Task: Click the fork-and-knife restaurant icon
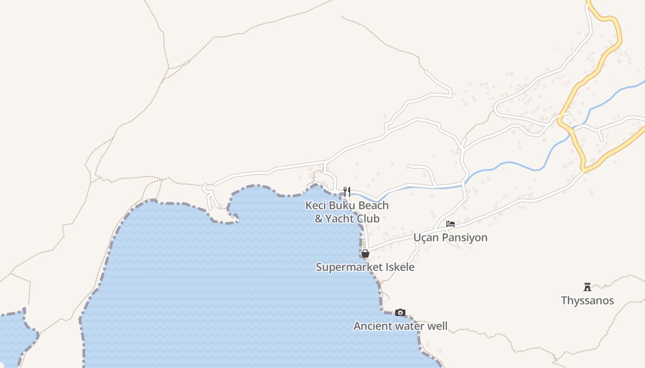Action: tap(347, 191)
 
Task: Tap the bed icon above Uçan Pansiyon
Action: tap(451, 224)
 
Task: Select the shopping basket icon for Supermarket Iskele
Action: tap(365, 253)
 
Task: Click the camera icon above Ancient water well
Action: tap(400, 313)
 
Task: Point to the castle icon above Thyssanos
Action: tap(587, 287)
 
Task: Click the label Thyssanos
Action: tap(587, 301)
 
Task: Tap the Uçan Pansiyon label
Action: tap(450, 238)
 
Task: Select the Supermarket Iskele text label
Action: tap(365, 267)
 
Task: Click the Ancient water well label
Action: tap(400, 326)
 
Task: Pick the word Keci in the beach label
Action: tap(316, 206)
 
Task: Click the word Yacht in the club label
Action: tap(340, 219)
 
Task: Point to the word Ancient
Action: tap(370, 326)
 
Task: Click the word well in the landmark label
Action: tap(438, 326)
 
